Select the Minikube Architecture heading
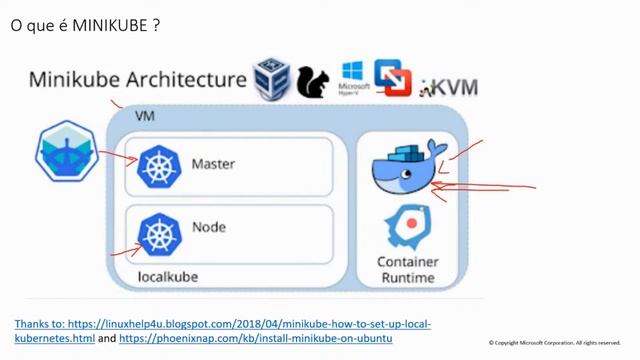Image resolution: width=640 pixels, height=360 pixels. [137, 79]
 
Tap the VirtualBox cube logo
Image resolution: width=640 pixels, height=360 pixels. [271, 78]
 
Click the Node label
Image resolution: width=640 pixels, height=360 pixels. [208, 227]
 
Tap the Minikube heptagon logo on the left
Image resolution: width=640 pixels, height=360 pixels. [64, 151]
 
